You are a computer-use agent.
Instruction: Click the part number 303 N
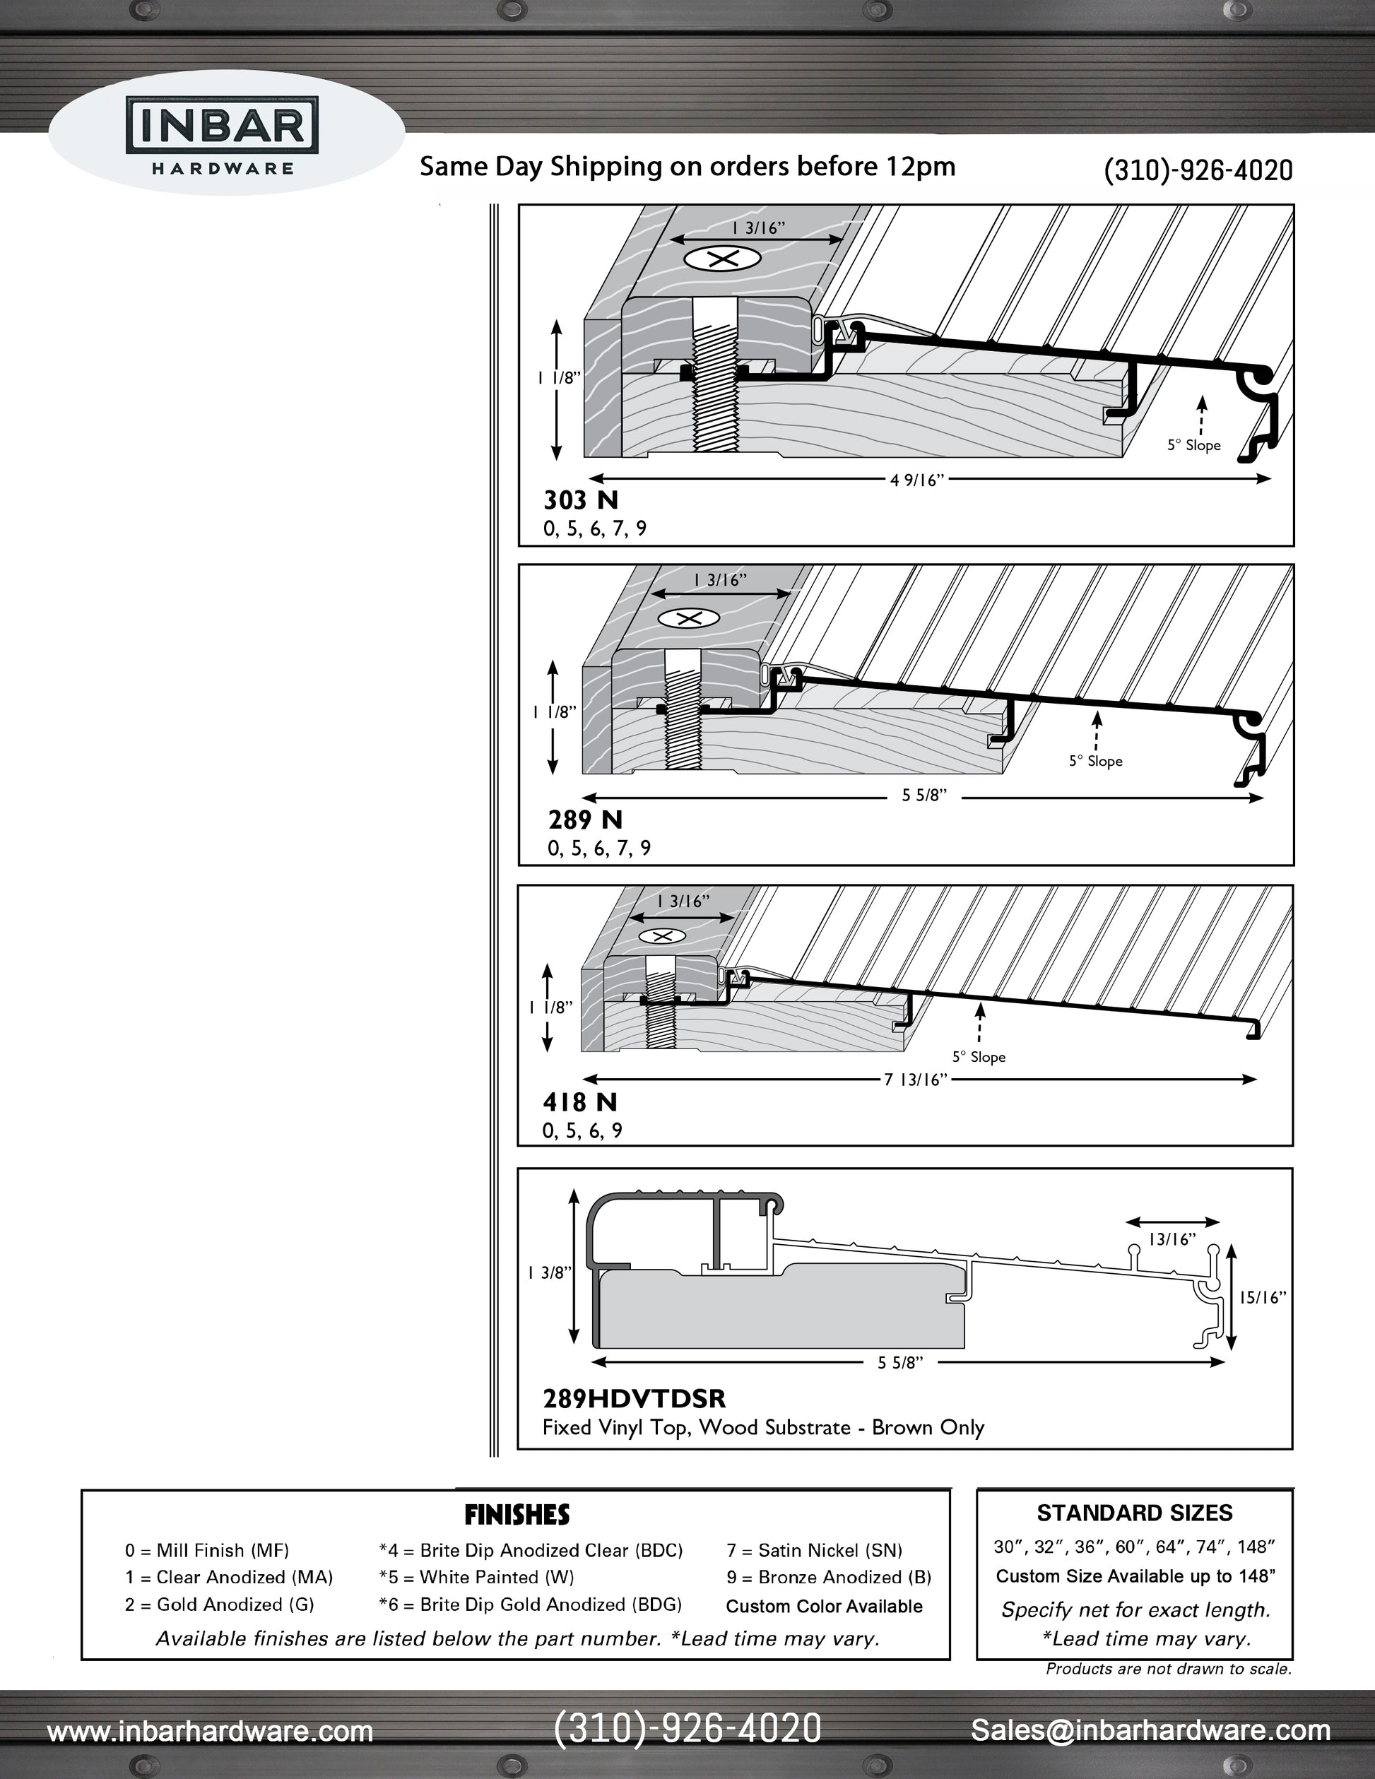(x=581, y=500)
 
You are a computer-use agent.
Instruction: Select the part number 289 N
(x=585, y=820)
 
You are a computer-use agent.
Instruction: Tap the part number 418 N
(x=580, y=1102)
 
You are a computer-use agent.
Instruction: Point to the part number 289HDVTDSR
(x=634, y=1399)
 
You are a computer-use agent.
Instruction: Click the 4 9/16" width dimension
(x=916, y=480)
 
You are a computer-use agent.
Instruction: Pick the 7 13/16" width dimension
(x=916, y=1080)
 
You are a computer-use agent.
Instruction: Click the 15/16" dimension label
(x=1263, y=1298)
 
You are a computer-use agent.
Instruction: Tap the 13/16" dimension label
(x=1172, y=1239)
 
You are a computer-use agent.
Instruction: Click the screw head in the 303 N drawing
(x=721, y=260)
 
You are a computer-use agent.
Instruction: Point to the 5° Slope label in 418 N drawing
(x=979, y=1058)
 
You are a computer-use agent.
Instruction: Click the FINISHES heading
(x=517, y=1515)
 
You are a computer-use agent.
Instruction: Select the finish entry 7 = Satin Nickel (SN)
(x=814, y=1550)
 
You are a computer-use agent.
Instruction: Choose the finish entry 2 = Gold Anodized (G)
(x=219, y=1604)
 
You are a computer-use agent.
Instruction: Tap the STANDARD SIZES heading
(x=1134, y=1513)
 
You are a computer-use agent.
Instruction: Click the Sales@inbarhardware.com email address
(x=1150, y=1730)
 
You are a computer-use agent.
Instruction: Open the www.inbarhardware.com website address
(x=210, y=1731)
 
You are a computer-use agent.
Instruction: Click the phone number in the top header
(x=1198, y=170)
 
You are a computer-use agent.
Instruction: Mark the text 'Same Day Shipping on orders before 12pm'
(x=687, y=167)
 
